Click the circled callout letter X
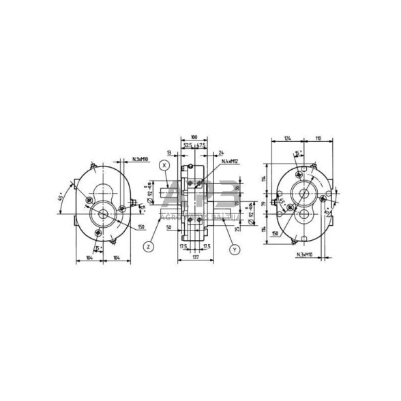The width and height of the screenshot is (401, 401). point(164,164)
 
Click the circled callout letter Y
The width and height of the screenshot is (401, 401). point(234,250)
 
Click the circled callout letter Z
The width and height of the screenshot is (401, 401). point(148,247)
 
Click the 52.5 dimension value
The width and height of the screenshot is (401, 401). point(187,145)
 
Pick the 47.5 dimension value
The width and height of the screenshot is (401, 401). point(201,145)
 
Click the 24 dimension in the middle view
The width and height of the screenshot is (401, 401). point(222,153)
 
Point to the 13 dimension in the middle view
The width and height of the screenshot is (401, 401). point(167,153)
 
